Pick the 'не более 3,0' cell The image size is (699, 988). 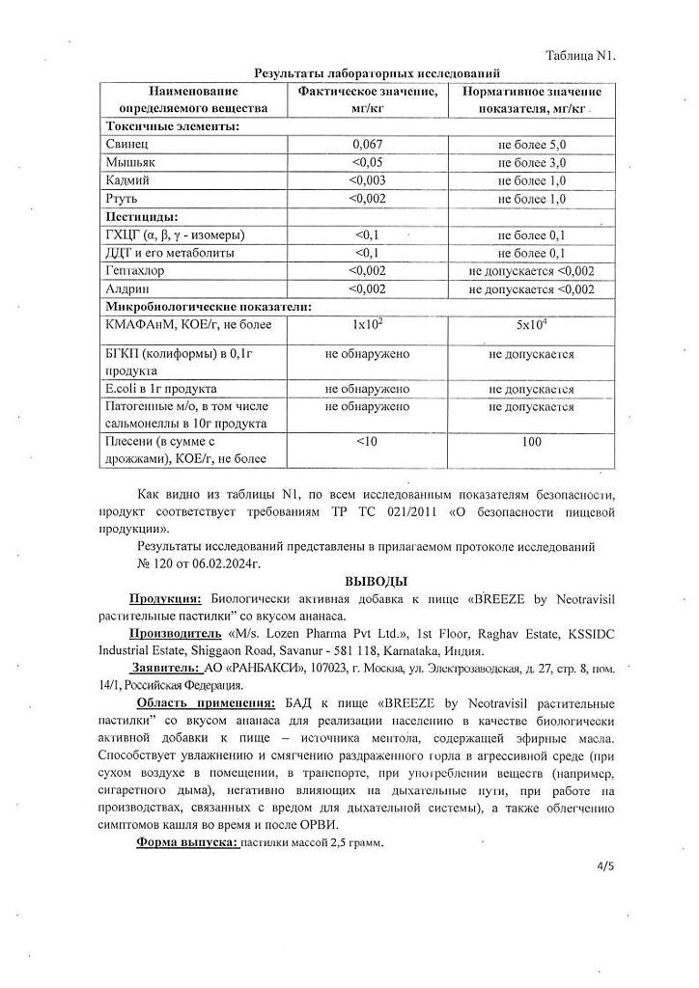(532, 162)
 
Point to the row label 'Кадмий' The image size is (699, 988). (128, 180)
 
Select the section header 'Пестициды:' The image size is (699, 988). (140, 217)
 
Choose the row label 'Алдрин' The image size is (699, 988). (126, 288)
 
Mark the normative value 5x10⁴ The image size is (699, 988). (532, 325)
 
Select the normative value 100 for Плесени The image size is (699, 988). (532, 442)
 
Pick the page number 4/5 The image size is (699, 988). (605, 865)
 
